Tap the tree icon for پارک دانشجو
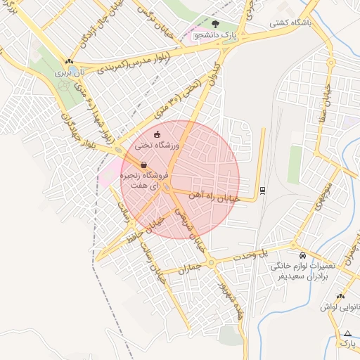coord(224,25)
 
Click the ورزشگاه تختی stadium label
coord(158,146)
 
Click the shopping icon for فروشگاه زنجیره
coord(143,165)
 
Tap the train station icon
coord(262,189)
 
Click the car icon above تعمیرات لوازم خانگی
coord(302,255)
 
